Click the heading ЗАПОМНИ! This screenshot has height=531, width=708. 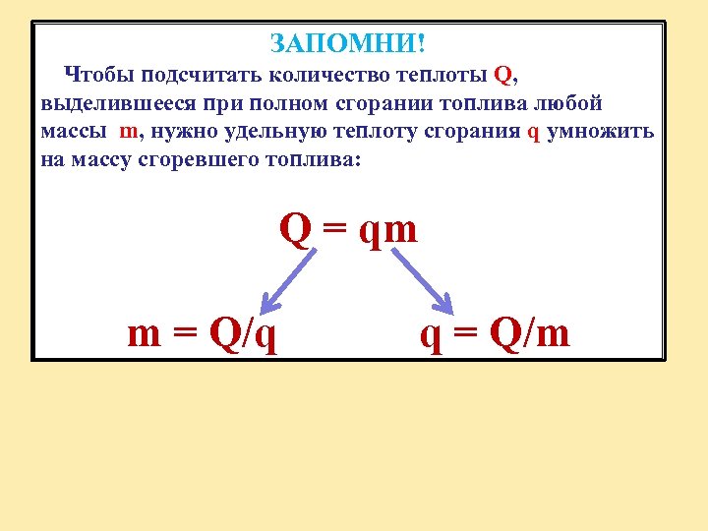point(347,44)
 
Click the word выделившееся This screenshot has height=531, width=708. point(109,104)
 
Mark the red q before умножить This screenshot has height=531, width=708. point(534,133)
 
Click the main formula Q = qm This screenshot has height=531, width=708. point(348,230)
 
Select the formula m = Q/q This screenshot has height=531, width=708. point(202,335)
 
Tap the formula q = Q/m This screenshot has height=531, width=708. point(495,335)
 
